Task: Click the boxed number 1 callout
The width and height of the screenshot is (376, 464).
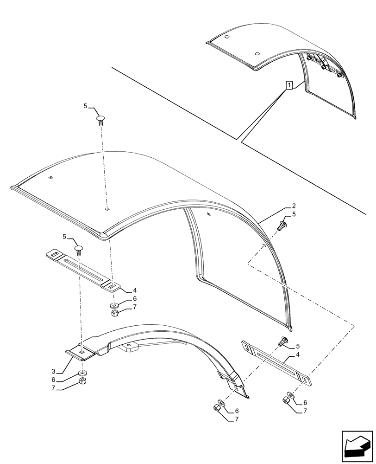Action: [x=289, y=85]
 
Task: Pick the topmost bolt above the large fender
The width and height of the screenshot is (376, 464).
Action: [x=101, y=120]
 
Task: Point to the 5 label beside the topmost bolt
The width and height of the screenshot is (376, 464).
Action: [x=86, y=106]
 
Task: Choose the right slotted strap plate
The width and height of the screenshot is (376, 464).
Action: [x=278, y=363]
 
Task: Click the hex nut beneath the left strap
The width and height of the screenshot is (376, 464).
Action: [x=115, y=314]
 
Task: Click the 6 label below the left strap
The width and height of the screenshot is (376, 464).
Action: [x=122, y=299]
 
